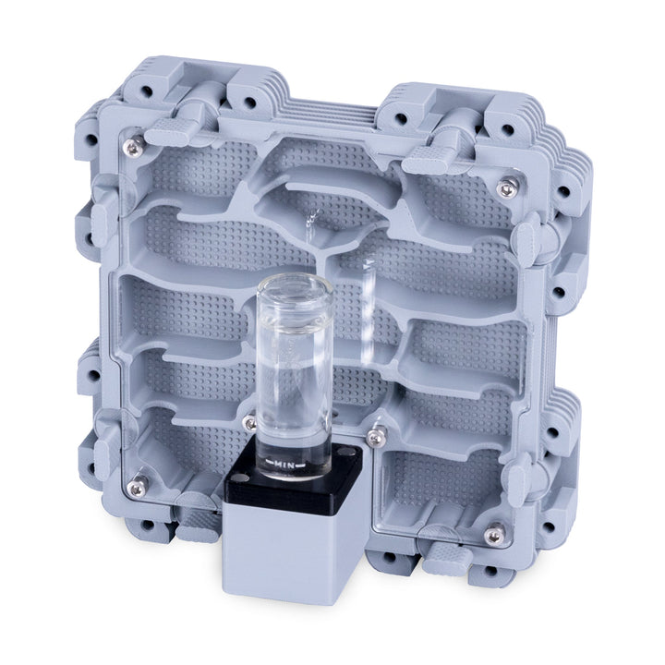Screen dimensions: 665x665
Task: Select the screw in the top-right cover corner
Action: click(505, 188)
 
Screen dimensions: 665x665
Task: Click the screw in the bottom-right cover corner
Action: click(496, 533)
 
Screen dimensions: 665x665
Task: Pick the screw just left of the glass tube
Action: click(248, 423)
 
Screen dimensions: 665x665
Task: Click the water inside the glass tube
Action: click(294, 406)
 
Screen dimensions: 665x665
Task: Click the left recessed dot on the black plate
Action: click(238, 478)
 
